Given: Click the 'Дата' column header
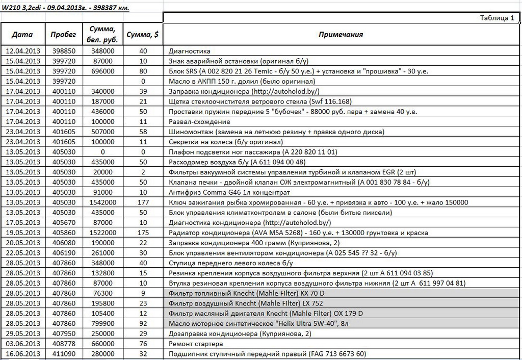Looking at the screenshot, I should (x=22, y=35).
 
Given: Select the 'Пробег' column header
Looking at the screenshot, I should (x=64, y=35).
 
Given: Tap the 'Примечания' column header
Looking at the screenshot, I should (x=341, y=35).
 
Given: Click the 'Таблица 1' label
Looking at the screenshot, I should (x=497, y=18).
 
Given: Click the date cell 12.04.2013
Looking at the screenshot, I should (x=22, y=51).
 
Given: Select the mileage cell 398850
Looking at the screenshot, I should (x=64, y=51).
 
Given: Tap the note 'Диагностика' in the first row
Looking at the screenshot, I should (x=189, y=51).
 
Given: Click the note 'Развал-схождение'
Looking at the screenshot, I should (x=199, y=122).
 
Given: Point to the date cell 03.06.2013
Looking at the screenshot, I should (x=22, y=344).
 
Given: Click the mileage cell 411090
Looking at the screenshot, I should (x=64, y=354).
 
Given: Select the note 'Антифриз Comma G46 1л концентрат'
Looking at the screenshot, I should (x=229, y=192).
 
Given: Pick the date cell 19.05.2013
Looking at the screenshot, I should (x=22, y=233).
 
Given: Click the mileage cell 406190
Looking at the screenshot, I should (x=64, y=253).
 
